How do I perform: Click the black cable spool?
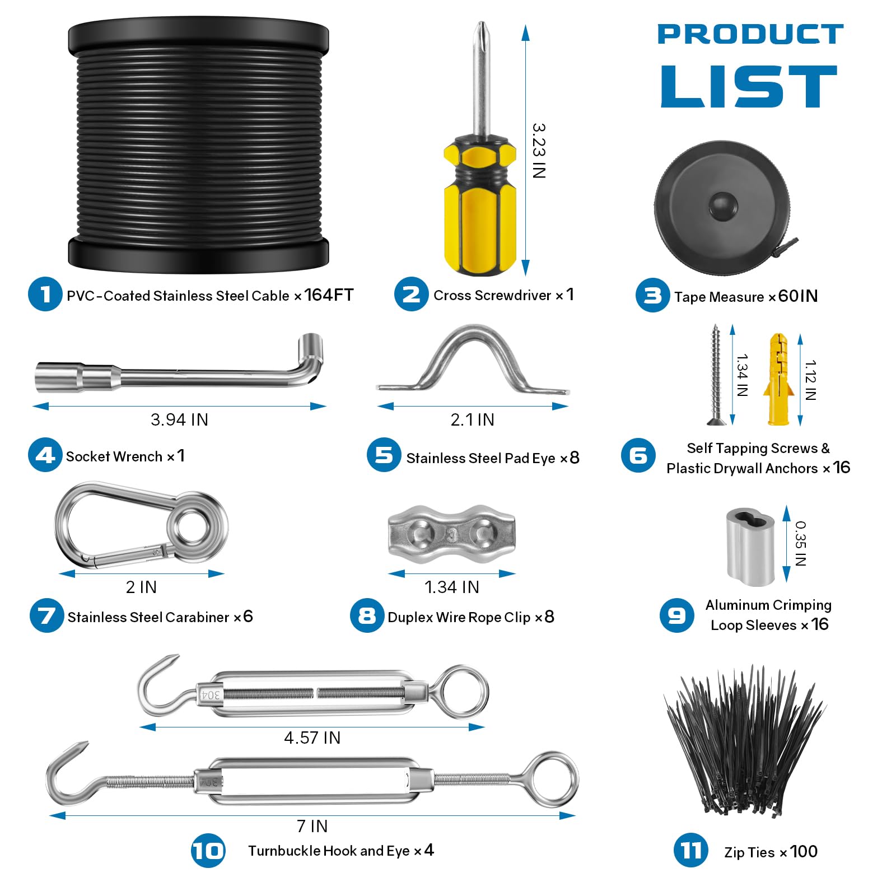point(198,146)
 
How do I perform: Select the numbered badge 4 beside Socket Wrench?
point(45,455)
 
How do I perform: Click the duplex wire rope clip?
point(451,534)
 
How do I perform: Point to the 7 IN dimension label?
point(312,826)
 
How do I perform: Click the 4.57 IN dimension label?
point(312,738)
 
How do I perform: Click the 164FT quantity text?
point(329,295)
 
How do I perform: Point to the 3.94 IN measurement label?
point(179,419)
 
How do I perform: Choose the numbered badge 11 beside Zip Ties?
point(690,851)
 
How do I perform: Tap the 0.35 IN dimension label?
point(801,543)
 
